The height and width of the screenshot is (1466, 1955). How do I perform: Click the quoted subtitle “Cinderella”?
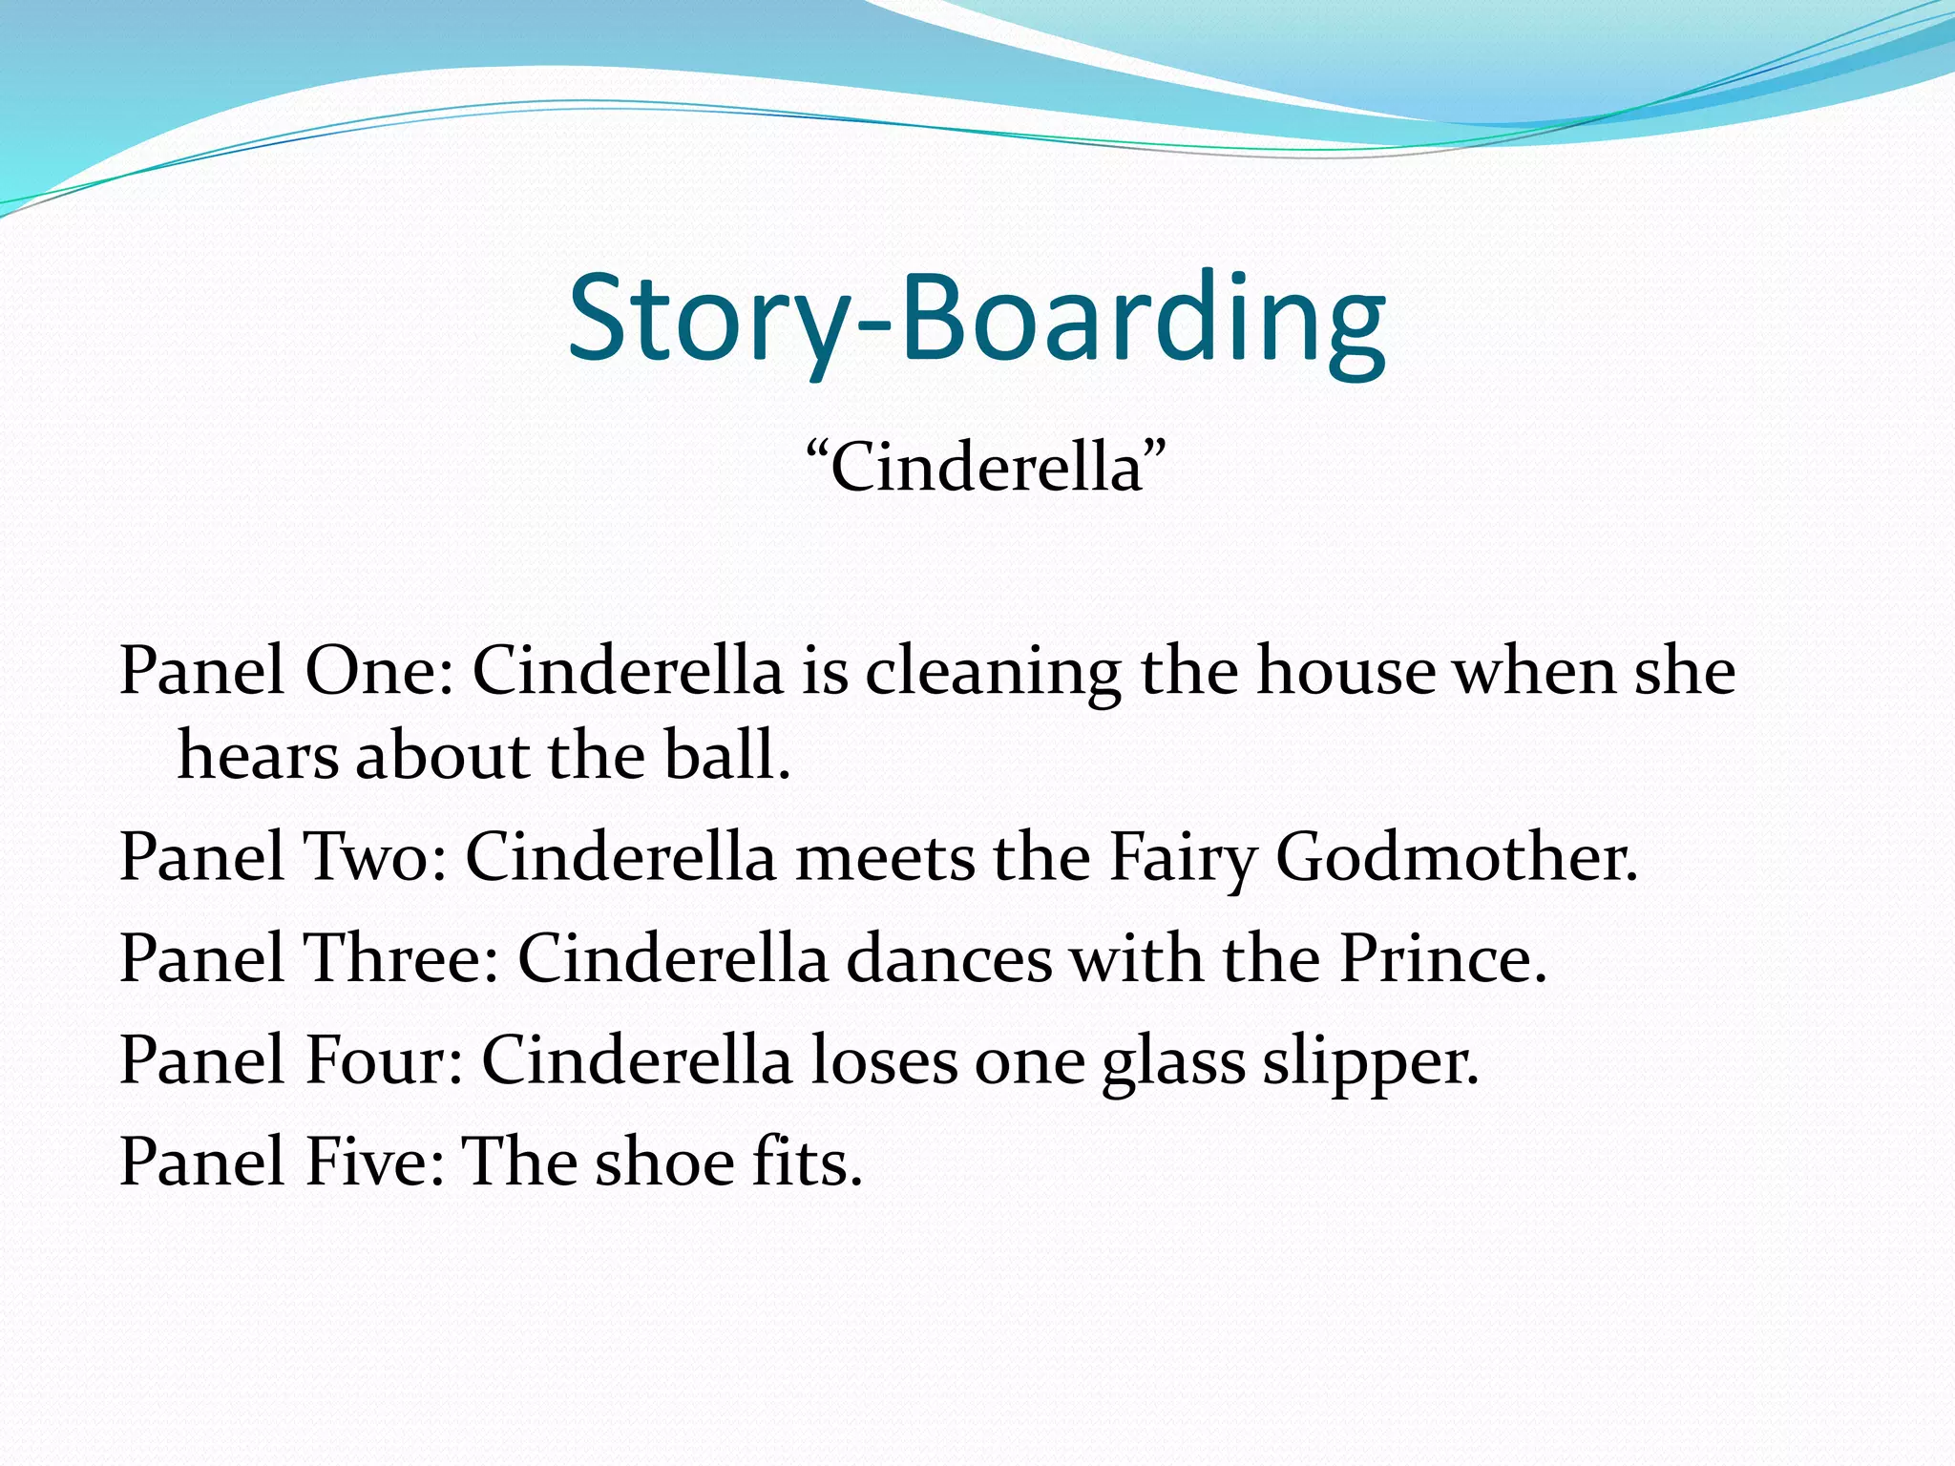click(985, 468)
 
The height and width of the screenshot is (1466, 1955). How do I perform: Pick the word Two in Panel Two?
click(374, 856)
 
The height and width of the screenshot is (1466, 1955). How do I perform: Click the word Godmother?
click(1455, 856)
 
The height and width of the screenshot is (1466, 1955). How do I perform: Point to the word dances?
click(949, 957)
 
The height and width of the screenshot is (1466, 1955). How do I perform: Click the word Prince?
click(1441, 957)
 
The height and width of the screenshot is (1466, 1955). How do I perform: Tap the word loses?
click(883, 1059)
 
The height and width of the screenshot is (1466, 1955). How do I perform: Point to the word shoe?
click(663, 1162)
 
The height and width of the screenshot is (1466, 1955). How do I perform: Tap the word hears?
click(258, 756)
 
